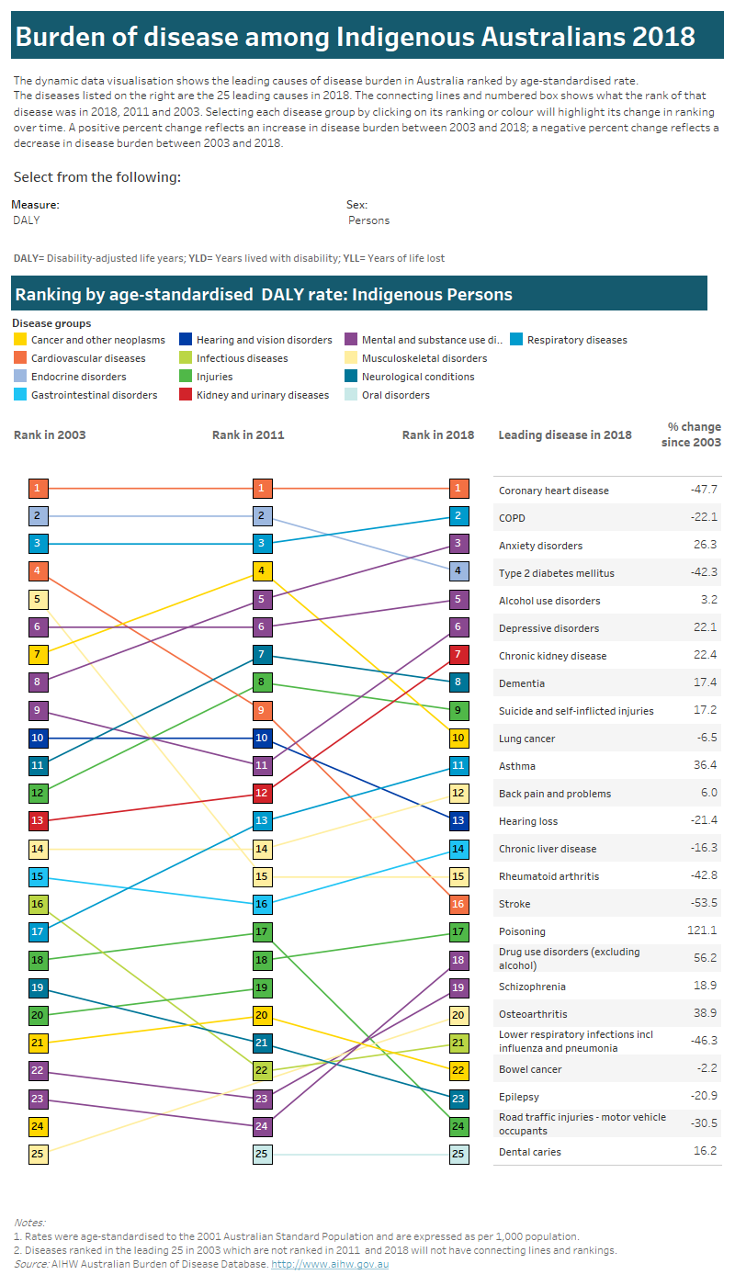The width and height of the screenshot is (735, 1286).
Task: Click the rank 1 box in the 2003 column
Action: coord(37,489)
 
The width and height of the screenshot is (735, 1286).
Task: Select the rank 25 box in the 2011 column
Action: coord(262,1154)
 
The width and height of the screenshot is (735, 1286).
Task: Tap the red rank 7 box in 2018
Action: coord(458,655)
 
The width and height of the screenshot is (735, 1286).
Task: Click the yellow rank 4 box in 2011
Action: coord(262,571)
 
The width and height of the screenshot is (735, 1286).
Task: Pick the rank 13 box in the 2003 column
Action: coord(37,821)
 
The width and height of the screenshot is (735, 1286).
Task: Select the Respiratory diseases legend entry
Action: coord(577,340)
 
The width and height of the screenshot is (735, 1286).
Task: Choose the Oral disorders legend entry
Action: coord(395,395)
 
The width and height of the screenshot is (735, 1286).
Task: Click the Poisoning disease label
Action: coord(522,931)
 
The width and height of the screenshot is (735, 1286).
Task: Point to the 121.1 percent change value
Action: coord(702,931)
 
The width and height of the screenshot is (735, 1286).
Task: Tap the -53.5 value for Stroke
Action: coord(703,903)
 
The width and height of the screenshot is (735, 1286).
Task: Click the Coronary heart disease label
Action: coord(553,491)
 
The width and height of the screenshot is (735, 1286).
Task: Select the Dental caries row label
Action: coord(529,1152)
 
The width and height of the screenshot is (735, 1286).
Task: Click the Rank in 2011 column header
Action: coord(248,435)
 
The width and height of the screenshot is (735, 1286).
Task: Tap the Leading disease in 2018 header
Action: coord(564,435)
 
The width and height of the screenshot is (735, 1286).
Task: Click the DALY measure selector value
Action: coord(27,220)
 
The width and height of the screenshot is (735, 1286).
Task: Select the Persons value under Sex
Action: coord(368,220)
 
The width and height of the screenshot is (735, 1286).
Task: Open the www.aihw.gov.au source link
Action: coord(337,1264)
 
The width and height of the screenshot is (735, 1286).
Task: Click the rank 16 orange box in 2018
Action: coord(458,904)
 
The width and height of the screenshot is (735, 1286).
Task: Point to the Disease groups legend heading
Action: coord(51,323)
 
